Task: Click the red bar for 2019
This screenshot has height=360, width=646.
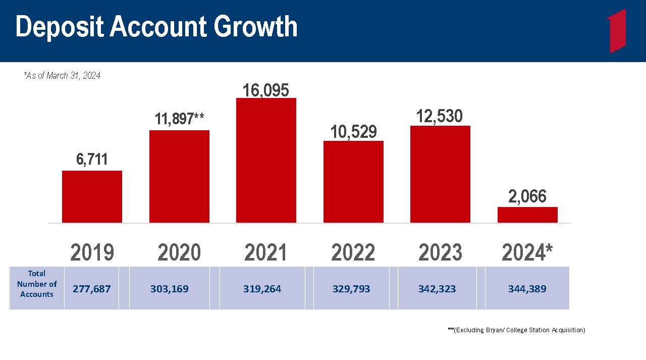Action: pyautogui.click(x=92, y=197)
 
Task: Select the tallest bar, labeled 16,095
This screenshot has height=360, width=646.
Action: pyautogui.click(x=266, y=161)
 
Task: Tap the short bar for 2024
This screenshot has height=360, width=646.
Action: pyautogui.click(x=527, y=215)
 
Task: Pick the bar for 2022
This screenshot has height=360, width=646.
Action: pyautogui.click(x=353, y=182)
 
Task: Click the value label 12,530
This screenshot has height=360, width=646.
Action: pyautogui.click(x=439, y=116)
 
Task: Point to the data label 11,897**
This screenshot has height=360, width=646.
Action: pyautogui.click(x=179, y=119)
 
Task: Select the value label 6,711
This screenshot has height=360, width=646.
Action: pyautogui.click(x=92, y=159)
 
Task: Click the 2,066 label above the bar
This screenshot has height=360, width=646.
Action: pyautogui.click(x=527, y=196)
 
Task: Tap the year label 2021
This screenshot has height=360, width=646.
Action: pyautogui.click(x=265, y=252)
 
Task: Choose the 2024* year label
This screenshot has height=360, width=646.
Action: pyautogui.click(x=527, y=252)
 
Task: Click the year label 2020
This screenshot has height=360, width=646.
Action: pyautogui.click(x=179, y=252)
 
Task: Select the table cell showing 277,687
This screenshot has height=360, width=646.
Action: pyautogui.click(x=91, y=288)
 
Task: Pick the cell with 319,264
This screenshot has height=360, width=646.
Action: pyautogui.click(x=262, y=288)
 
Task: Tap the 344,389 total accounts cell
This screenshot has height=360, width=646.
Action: pyautogui.click(x=527, y=288)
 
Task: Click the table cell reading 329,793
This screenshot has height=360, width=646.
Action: pyautogui.click(x=351, y=288)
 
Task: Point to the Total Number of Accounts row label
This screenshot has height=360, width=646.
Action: pyautogui.click(x=37, y=284)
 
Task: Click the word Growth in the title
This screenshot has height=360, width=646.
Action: pyautogui.click(x=255, y=27)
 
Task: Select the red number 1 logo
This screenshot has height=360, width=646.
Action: pyautogui.click(x=617, y=31)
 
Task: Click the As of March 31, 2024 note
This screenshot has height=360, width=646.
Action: pyautogui.click(x=62, y=76)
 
